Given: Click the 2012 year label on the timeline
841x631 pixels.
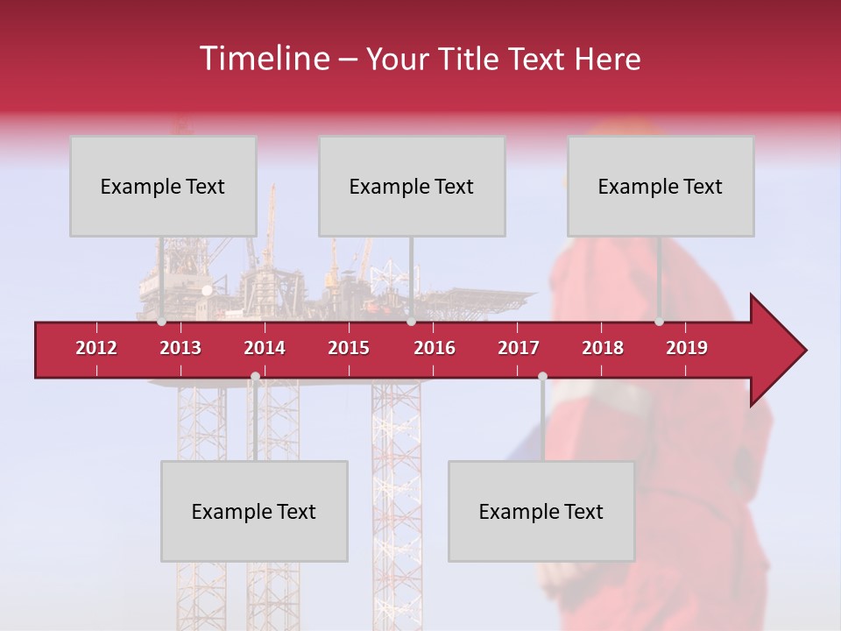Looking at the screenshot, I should (96, 348).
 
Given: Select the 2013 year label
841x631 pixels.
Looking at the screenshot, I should (180, 348).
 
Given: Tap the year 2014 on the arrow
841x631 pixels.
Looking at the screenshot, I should (265, 348).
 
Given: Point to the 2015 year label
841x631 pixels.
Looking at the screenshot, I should (349, 348).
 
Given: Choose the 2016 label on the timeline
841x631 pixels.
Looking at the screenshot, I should (435, 348).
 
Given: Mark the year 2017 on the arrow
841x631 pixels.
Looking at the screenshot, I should (519, 348).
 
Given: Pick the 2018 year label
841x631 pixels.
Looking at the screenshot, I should (603, 348).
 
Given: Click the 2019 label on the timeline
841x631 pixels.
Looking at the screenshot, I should (687, 348).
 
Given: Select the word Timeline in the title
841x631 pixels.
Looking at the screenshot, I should (263, 59).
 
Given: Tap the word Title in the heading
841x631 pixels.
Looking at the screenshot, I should (473, 60).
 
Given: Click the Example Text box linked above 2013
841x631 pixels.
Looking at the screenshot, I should (163, 186).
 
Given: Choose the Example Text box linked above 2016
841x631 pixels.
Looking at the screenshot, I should (412, 186).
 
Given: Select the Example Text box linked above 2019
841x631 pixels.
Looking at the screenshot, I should (661, 186).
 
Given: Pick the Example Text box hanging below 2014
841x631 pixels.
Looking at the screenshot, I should (254, 511).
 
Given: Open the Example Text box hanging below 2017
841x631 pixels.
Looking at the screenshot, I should (541, 511).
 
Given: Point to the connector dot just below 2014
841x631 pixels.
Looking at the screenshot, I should (255, 377).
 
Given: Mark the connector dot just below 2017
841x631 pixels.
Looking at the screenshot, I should (542, 377).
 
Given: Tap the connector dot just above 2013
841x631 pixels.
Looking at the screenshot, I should (161, 322).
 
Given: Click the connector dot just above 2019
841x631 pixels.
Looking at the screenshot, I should (659, 322).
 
